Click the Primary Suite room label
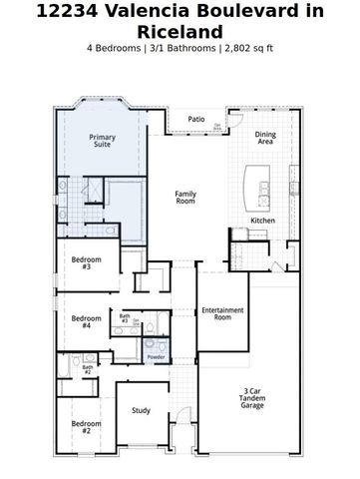click(102, 141)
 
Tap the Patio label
click(196, 119)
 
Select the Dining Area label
click(265, 138)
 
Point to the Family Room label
click(185, 198)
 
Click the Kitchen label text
click(262, 221)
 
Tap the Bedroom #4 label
click(87, 321)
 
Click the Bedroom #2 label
click(86, 427)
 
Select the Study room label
click(141, 409)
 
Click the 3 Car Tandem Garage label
click(252, 398)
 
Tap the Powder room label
click(156, 356)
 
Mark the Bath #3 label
click(125, 318)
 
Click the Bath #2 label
click(88, 369)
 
